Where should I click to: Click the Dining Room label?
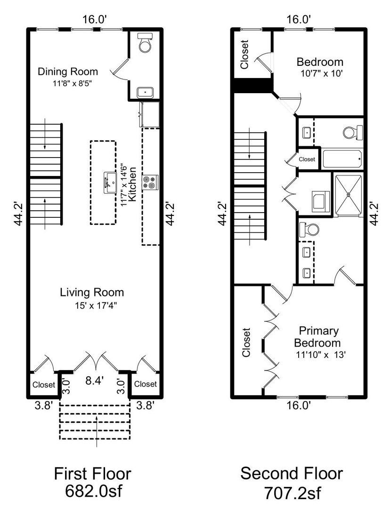point(68,71)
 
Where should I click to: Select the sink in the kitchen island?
point(110,183)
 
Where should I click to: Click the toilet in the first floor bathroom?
point(145,42)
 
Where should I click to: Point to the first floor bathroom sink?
point(145,93)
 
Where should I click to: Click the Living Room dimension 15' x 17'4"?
point(96,306)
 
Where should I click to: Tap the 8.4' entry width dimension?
point(94,381)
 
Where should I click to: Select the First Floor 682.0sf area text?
point(93,482)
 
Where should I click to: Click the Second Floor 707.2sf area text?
point(292,482)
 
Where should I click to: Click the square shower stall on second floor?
point(349,195)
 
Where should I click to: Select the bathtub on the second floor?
point(342,159)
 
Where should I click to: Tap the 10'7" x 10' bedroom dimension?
point(322,73)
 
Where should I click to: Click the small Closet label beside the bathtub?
point(307,159)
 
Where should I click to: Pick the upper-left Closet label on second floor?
point(244,55)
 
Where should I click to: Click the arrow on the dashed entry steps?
point(97,431)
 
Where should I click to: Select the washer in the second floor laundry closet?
point(321,201)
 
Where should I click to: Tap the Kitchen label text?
point(132,184)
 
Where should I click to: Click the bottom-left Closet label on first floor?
point(44,385)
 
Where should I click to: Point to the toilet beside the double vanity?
point(309,230)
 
